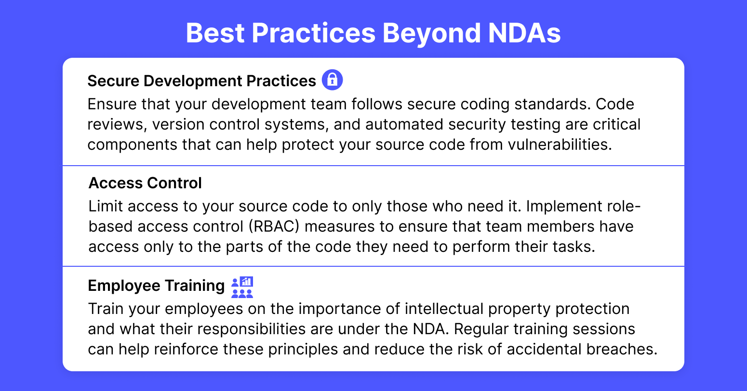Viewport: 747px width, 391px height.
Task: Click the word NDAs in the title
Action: (524, 33)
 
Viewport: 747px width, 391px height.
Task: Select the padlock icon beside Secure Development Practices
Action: (332, 80)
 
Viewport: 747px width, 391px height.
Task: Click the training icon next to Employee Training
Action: (242, 287)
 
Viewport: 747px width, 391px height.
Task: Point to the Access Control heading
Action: (145, 183)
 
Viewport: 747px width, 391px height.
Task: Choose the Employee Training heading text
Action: (157, 286)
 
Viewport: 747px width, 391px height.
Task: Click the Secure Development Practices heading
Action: (202, 81)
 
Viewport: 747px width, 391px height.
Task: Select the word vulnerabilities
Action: (560, 144)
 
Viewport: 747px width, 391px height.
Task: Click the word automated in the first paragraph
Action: (404, 124)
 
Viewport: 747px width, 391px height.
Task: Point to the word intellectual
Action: (444, 309)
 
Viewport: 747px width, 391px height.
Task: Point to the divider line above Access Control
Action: (373, 165)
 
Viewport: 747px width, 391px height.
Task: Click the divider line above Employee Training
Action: (373, 266)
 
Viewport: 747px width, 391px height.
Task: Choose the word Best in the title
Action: (215, 33)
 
